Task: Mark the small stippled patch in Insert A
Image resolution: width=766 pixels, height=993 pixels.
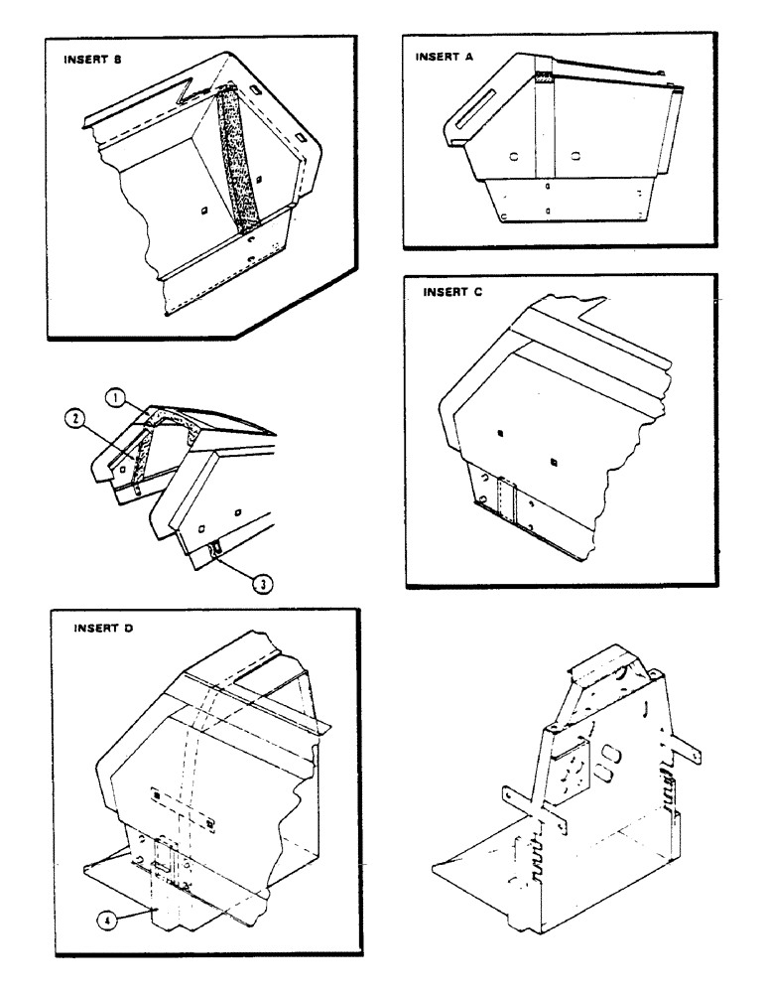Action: [x=545, y=75]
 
